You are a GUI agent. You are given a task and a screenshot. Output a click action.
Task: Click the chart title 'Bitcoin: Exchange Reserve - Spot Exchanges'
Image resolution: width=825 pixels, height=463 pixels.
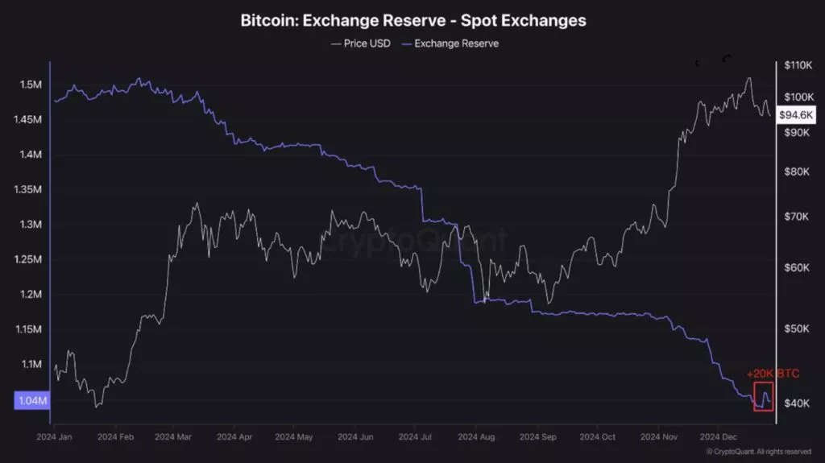coord(412,20)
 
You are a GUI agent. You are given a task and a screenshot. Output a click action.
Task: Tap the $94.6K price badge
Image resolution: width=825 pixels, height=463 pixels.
coord(796,115)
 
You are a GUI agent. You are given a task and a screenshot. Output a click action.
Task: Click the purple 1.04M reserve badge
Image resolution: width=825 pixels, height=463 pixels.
coord(31,400)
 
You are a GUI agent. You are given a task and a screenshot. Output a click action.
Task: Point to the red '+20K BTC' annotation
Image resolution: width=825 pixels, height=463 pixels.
coord(773,374)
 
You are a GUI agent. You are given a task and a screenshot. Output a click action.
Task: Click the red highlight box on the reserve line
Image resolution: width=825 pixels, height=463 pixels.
coord(763,396)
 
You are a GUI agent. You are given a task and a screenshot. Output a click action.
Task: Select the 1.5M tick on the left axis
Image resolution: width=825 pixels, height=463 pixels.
coord(31,85)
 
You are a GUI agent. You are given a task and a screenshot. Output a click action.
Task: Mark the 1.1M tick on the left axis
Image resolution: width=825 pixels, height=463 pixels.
coord(31,364)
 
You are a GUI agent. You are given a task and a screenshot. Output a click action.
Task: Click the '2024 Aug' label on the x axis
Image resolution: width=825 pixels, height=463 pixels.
coord(475,436)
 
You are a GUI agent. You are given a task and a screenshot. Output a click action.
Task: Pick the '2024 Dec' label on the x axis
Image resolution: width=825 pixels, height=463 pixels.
coord(718,436)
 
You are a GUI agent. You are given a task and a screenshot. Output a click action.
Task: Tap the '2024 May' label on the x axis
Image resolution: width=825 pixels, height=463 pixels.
coord(294,436)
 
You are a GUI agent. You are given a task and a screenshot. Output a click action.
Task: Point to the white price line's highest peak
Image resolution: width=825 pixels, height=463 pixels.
coord(749,79)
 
